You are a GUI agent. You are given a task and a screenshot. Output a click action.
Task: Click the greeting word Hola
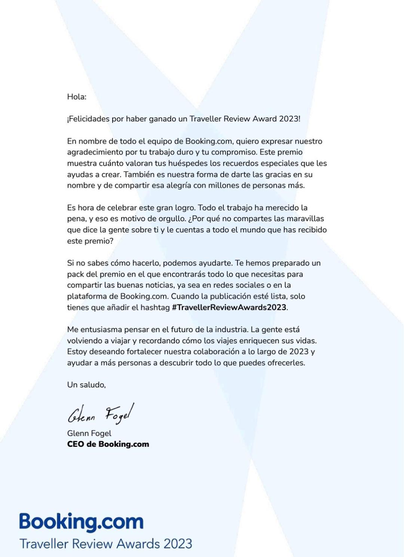[76, 97]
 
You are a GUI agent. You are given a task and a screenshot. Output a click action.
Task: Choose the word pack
[76, 274]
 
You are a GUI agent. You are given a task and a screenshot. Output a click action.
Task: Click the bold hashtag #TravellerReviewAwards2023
[229, 307]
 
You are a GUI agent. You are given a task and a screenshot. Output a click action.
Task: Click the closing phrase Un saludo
[86, 385]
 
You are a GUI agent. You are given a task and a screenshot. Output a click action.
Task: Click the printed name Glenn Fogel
[89, 433]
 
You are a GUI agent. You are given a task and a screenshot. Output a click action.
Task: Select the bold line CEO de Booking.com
[108, 444]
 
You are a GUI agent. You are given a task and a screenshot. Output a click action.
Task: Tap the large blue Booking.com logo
[82, 522]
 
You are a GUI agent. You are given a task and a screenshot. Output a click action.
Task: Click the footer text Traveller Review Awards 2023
[106, 544]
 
